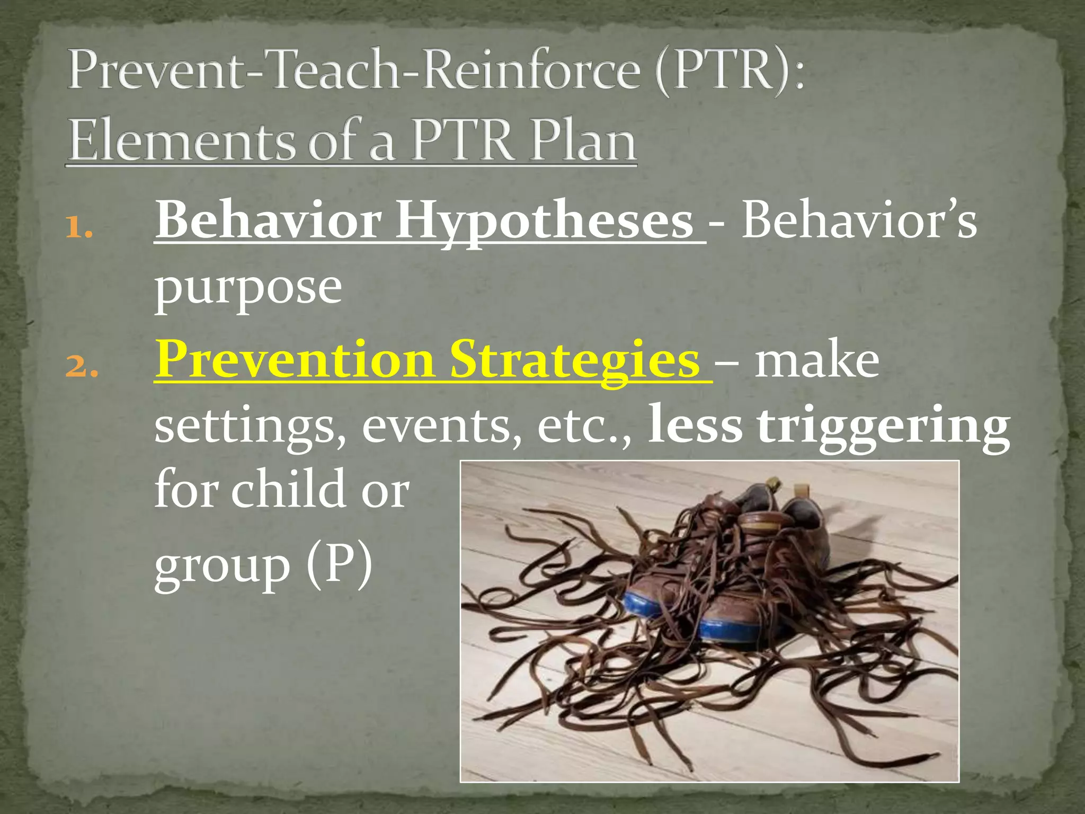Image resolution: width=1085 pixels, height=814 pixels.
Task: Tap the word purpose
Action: (x=248, y=289)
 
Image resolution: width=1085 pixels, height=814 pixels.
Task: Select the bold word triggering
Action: (x=883, y=427)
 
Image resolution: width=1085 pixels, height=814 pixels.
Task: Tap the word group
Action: (x=223, y=567)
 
